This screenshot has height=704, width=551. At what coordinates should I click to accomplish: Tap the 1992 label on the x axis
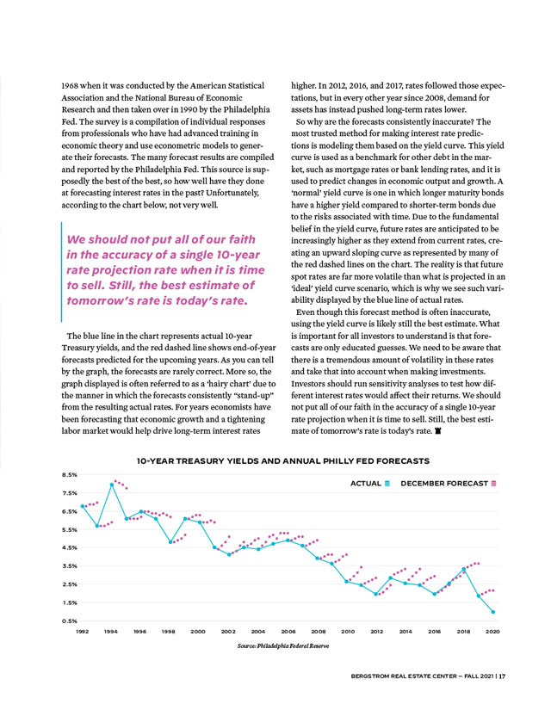(83, 631)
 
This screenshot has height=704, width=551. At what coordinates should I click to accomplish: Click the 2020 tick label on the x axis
(493, 631)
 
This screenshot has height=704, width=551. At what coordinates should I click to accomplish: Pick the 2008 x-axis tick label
(318, 631)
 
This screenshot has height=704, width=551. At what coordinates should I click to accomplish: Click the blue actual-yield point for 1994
(112, 485)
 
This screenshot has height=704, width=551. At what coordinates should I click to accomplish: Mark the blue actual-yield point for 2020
(493, 612)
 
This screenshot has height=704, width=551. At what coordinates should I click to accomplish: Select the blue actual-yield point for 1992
(83, 506)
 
